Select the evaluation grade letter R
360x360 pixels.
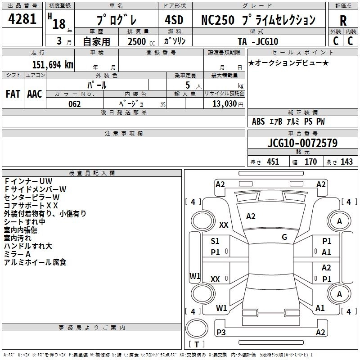point(343,21)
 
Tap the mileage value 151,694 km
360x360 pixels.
point(53,64)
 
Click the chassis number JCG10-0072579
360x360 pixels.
point(302,143)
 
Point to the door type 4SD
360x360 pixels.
point(175,20)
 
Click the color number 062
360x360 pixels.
point(74,104)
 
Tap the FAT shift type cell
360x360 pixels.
point(13,94)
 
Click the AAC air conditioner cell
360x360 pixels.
point(35,94)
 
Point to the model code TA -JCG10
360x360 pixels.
point(258,41)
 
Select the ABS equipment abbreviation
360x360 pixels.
point(258,121)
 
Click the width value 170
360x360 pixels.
point(310,162)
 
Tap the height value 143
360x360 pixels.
point(347,162)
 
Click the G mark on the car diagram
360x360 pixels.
point(284,237)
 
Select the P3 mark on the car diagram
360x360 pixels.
point(221,332)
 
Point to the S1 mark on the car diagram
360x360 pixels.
point(215,241)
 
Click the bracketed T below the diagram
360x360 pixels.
point(197,344)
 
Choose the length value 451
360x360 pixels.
point(273,162)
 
